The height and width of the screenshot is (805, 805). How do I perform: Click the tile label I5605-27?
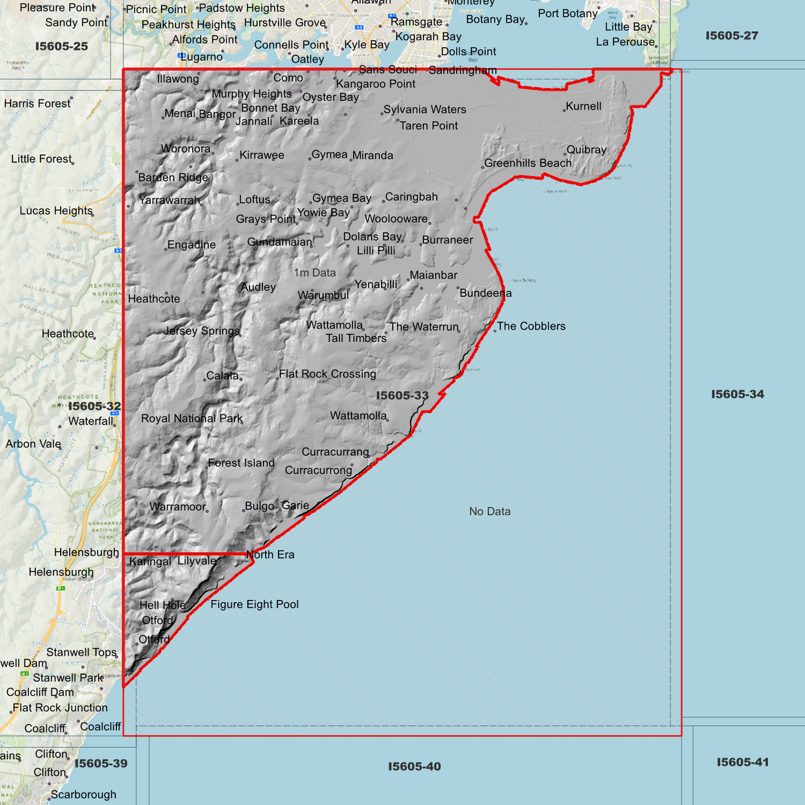click(x=731, y=36)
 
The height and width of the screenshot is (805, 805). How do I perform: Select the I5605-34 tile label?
click(x=737, y=394)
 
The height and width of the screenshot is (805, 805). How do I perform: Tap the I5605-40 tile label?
click(x=414, y=767)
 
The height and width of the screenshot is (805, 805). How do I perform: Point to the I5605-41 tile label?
click(x=743, y=762)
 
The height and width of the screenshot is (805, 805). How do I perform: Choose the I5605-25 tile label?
click(x=61, y=46)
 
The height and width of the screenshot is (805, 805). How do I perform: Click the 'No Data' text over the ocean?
click(x=490, y=511)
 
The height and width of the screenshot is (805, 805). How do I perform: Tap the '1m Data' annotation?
click(x=315, y=272)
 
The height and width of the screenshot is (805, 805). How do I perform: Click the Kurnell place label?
click(x=583, y=106)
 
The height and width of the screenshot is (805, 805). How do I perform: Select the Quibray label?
click(x=586, y=149)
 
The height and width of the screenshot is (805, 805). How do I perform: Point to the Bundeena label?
click(x=485, y=293)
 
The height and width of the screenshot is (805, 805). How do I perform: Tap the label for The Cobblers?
click(x=531, y=326)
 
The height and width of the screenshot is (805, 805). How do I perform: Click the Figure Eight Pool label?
click(x=255, y=604)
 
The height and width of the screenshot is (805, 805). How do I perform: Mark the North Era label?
click(x=270, y=554)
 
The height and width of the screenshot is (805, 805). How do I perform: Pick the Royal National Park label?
click(x=192, y=418)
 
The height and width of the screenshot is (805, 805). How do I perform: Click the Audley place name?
click(x=258, y=287)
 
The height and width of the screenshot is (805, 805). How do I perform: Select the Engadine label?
click(x=191, y=245)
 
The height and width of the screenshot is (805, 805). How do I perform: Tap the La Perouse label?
click(x=625, y=42)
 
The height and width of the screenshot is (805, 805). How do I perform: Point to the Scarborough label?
click(x=84, y=794)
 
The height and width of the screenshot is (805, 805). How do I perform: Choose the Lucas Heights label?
click(x=56, y=211)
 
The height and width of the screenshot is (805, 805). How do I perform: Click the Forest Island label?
click(x=241, y=463)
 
